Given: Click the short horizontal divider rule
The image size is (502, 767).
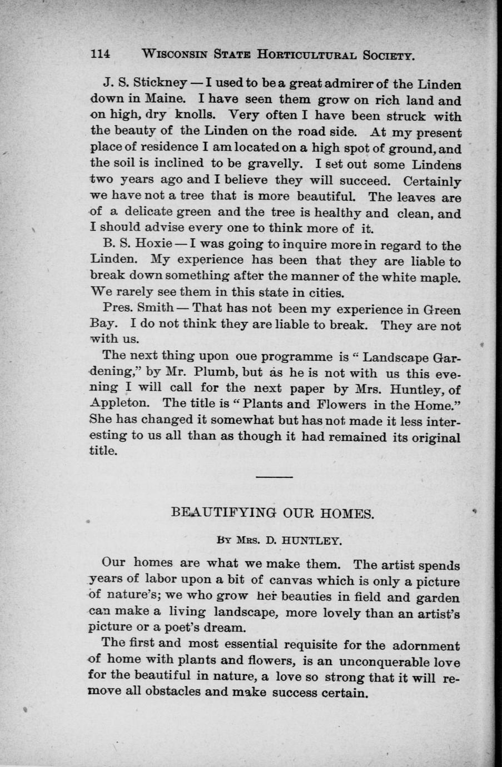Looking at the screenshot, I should (274, 477).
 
